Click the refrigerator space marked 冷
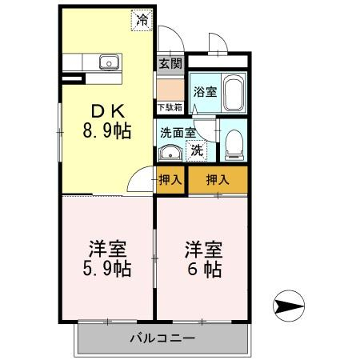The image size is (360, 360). point(142,20)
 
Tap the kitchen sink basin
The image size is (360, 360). point(109,62)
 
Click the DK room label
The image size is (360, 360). point(108,111)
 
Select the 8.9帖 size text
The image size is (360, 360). point(106,130)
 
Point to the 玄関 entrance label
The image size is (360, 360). point(170,64)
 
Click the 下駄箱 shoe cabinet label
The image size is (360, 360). point(170,107)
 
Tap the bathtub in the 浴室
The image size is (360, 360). point(234,93)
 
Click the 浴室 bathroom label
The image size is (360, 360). point(205,92)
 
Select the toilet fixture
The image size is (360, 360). point(234,146)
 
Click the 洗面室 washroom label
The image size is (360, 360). point(178,133)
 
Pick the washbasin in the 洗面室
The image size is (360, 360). point(170,153)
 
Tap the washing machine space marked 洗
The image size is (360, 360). point(197,151)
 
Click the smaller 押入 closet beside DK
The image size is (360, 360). point(170,180)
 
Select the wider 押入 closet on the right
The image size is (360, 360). point(218,180)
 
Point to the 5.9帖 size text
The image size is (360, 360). point(106,269)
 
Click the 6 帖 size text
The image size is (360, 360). point(205,270)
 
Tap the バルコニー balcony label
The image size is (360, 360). point(162,338)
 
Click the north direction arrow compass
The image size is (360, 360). point(289,306)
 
